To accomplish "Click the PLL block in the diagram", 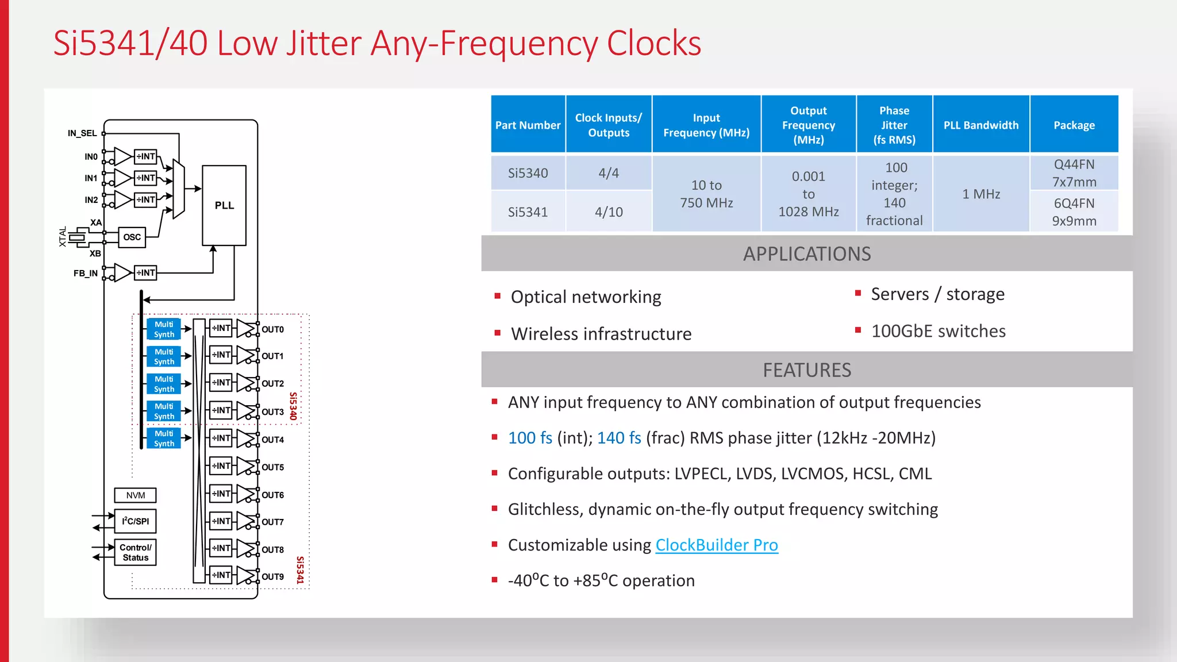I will (x=224, y=205).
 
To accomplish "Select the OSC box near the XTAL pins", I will (x=132, y=237).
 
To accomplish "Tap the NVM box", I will (x=136, y=495).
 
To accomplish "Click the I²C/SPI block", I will (x=136, y=521).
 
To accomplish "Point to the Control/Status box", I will (x=136, y=552).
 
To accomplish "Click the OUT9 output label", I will (x=272, y=576).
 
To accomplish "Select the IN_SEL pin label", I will (x=82, y=133).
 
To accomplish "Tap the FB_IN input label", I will (x=85, y=274).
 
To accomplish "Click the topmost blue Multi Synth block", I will (x=164, y=329).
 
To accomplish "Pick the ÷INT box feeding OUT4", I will (x=221, y=438).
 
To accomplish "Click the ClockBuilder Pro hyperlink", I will (x=717, y=545).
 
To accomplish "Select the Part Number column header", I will (x=528, y=125).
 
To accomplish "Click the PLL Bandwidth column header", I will (x=980, y=125).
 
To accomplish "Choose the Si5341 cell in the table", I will (x=528, y=212).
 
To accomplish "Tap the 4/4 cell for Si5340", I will (x=609, y=173).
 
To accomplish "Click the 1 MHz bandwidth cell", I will (x=981, y=194).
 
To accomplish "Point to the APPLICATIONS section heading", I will (x=806, y=254).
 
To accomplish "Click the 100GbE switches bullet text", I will (x=938, y=331).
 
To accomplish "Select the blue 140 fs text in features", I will (x=619, y=438).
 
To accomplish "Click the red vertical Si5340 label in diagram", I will (x=293, y=406).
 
